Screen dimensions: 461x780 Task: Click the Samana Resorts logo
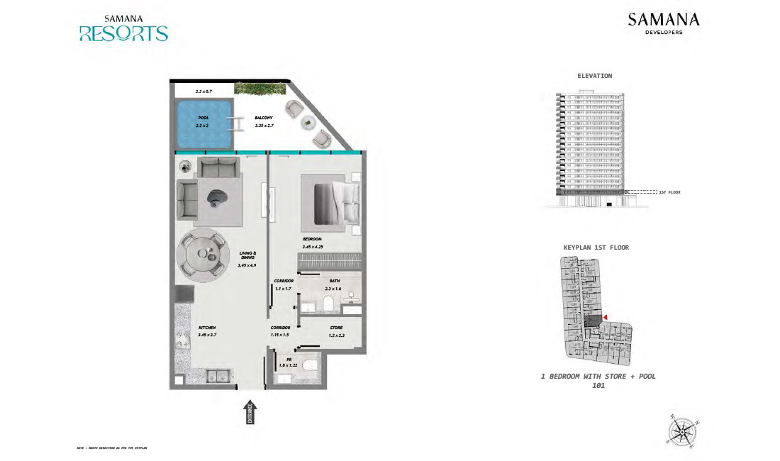pos(123,28)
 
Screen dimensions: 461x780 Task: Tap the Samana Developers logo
pos(663,23)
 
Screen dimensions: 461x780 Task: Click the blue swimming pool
pos(204,124)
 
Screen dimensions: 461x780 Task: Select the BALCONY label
pos(264,118)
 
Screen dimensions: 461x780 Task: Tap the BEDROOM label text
pos(313,239)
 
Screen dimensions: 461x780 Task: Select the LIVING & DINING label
pos(247,256)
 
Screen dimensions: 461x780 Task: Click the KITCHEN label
pos(187,327)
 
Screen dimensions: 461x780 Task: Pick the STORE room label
pos(336,328)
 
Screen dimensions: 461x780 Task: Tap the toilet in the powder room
pos(309,367)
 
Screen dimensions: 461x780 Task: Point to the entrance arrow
pos(250,414)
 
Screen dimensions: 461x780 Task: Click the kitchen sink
pos(216,375)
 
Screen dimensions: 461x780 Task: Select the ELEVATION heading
pos(595,76)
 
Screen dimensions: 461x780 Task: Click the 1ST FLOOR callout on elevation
pos(669,192)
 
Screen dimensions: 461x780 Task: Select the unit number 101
pos(597,387)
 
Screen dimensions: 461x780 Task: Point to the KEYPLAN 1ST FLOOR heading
pos(596,248)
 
